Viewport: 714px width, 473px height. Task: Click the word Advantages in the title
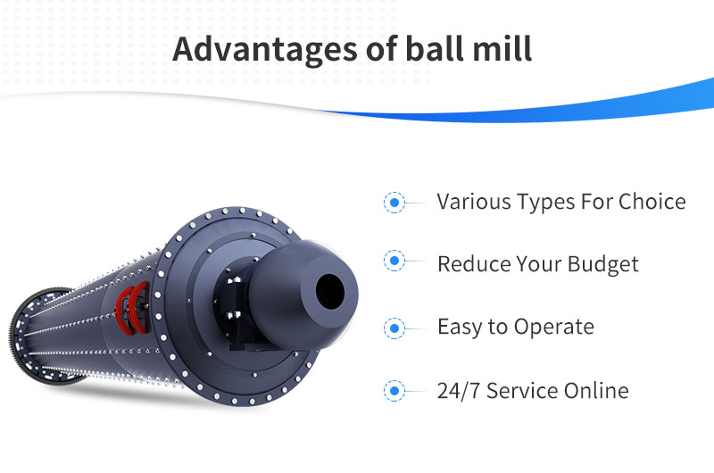click(x=264, y=50)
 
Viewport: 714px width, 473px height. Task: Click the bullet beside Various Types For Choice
click(x=394, y=202)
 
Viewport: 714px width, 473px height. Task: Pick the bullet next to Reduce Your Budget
click(x=394, y=261)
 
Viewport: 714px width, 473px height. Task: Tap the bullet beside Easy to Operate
click(x=394, y=328)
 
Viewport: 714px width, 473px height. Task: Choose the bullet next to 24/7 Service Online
click(x=394, y=391)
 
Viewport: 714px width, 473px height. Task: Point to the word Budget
click(x=603, y=264)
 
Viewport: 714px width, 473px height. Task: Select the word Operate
click(x=554, y=328)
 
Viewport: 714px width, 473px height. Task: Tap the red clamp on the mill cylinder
click(x=132, y=308)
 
